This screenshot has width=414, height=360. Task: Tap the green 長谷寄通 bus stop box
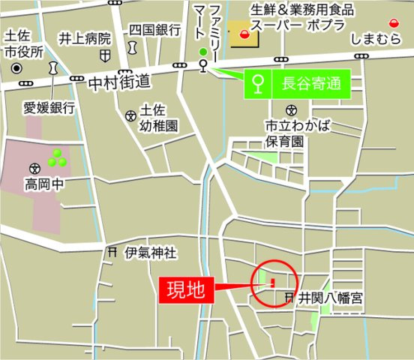tap(298, 82)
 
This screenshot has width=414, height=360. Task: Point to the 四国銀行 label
tap(154, 30)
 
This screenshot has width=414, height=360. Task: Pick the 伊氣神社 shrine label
tap(151, 253)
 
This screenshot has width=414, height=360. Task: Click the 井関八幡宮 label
tap(331, 298)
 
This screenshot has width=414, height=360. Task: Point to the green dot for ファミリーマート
tap(202, 51)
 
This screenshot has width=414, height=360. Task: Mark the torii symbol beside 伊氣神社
tap(112, 253)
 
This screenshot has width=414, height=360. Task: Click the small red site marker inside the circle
tap(272, 283)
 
